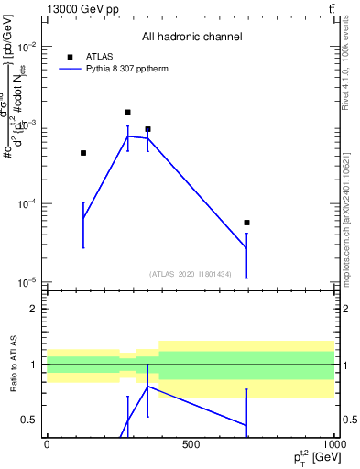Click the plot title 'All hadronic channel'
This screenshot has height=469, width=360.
[191, 37]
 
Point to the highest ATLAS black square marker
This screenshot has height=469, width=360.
[127, 112]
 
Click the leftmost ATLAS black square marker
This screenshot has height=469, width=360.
[83, 153]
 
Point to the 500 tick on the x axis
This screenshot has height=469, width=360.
[191, 444]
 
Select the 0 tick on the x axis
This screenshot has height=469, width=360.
[47, 444]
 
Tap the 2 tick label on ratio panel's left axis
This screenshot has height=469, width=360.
[34, 309]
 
